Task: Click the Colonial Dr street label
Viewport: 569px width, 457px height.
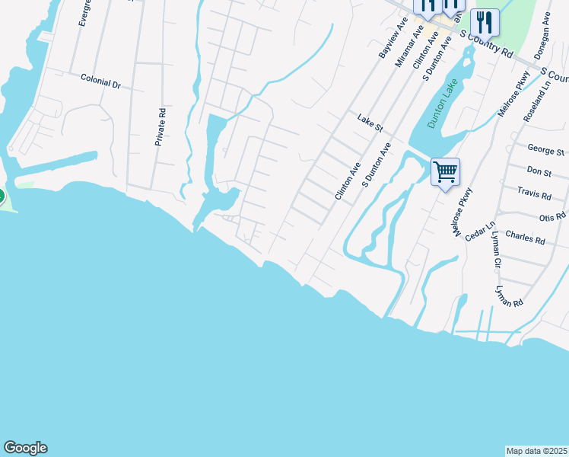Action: point(101,82)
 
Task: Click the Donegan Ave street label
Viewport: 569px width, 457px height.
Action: point(546,30)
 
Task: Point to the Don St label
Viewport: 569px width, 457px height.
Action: point(539,173)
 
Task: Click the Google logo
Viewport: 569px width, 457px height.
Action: point(25,448)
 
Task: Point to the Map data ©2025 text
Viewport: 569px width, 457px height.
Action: point(537,451)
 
